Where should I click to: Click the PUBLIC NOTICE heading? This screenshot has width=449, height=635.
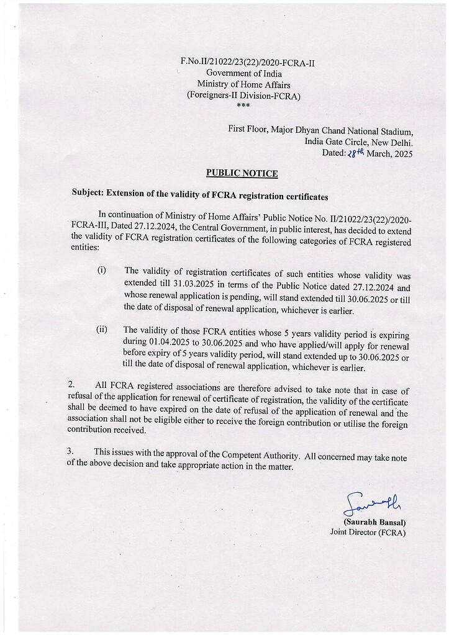242,174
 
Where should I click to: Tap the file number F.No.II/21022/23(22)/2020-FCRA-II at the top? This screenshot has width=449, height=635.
243,62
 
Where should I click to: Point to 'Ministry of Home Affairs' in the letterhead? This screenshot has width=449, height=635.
243,84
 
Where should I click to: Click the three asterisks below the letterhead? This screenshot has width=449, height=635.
243,106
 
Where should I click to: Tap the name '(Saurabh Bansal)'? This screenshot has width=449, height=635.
370,521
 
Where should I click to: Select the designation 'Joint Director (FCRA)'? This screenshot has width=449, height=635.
367,532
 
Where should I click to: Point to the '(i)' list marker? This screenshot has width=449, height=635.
101,271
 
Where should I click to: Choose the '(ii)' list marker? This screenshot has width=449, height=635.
102,330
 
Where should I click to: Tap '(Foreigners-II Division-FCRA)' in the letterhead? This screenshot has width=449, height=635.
243,96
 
